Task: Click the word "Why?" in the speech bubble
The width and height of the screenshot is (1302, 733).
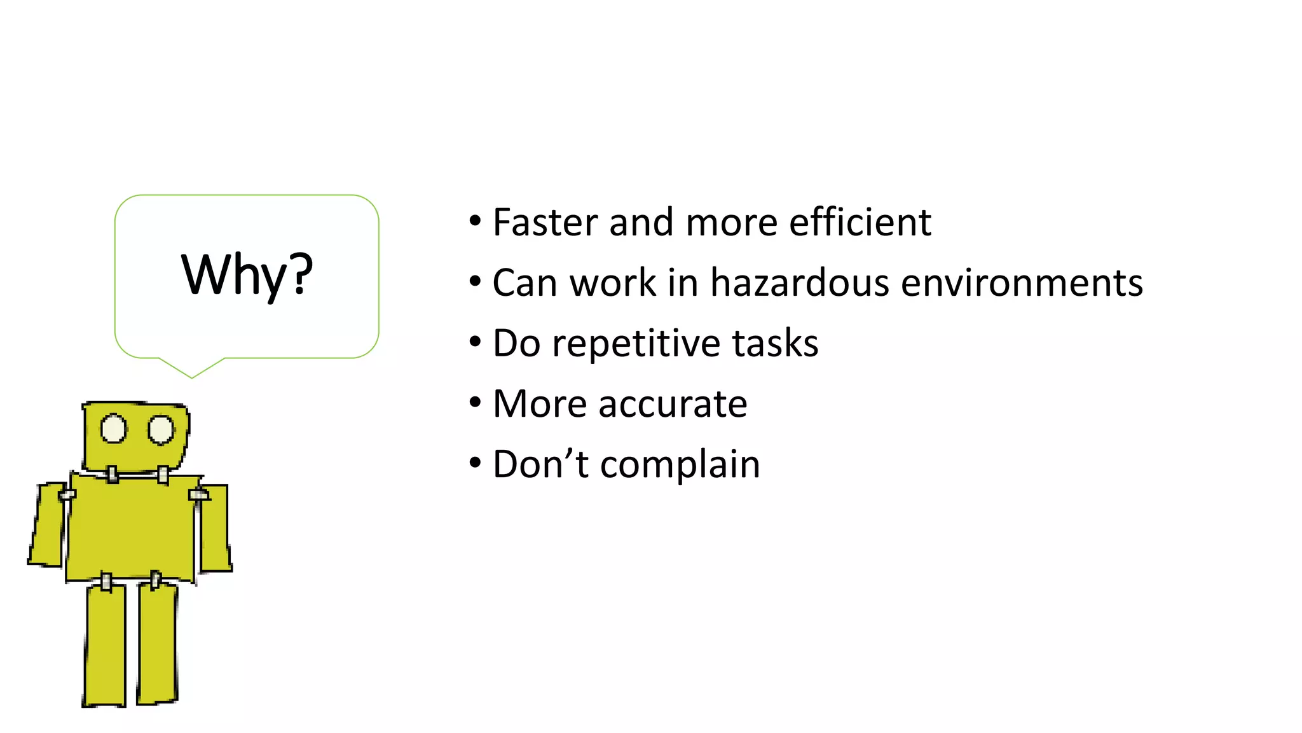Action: point(247,275)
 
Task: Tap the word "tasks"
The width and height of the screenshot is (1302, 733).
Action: point(775,344)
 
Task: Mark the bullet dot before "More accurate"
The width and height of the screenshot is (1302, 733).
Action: point(476,403)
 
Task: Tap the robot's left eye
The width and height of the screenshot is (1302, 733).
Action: point(114,429)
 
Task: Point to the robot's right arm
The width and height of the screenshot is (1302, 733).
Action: point(215,528)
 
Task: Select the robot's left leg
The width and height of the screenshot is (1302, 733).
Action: point(106,646)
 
